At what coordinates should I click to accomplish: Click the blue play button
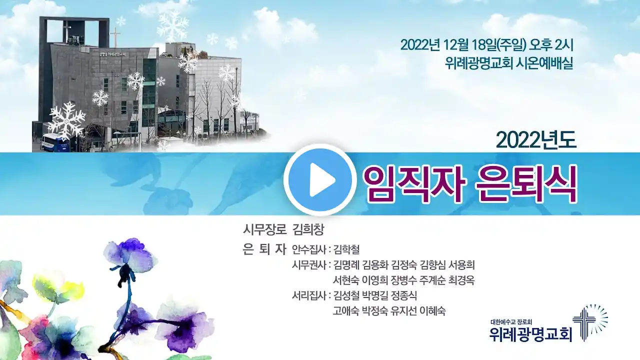tap(320, 179)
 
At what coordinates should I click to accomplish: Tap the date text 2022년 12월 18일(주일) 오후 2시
tap(487, 45)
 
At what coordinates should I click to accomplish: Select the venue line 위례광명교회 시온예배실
tap(509, 63)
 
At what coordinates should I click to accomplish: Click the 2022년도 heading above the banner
tap(536, 140)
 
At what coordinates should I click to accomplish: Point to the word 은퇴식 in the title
tap(526, 183)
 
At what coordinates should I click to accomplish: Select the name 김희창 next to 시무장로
tap(308, 229)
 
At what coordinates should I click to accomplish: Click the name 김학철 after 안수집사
tap(346, 249)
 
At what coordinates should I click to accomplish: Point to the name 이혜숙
tap(432, 310)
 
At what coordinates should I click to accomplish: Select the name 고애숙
tap(346, 310)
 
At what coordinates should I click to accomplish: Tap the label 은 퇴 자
tap(264, 249)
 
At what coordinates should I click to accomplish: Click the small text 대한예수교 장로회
tap(511, 322)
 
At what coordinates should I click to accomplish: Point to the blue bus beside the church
tap(55, 142)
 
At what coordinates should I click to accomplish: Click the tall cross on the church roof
tap(115, 37)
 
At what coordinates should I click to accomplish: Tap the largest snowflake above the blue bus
tap(66, 121)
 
